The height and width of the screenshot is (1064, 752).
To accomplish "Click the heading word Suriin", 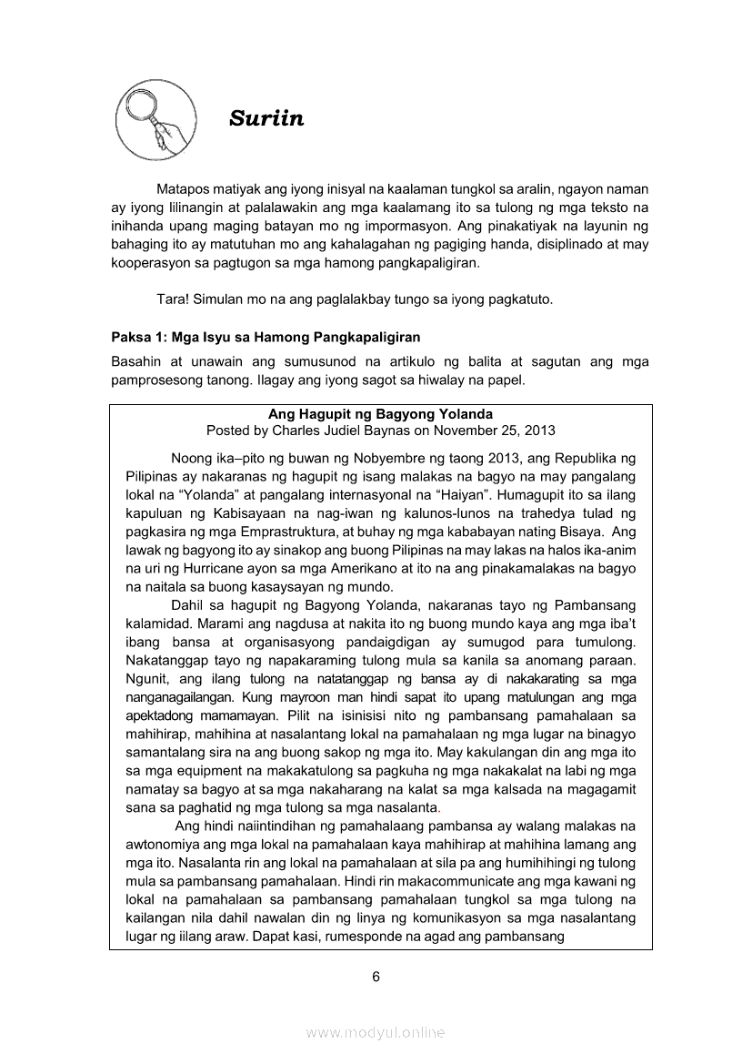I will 266,118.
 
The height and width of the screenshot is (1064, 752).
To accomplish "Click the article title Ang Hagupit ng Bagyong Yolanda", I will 380,414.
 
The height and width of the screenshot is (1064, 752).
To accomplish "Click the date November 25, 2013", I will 494,430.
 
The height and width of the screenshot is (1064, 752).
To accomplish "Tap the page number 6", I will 376,977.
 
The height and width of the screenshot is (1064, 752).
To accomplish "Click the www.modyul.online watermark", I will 376,1032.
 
